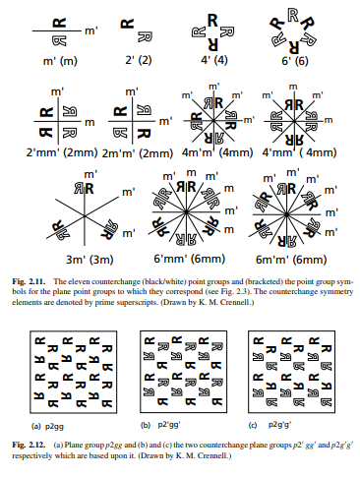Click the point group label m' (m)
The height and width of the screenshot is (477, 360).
(60, 62)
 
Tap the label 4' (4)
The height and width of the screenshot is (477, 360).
(210, 62)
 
